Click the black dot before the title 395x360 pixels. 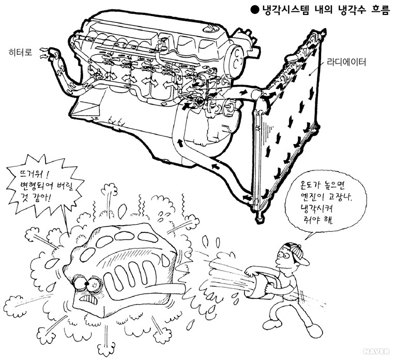click(x=253, y=10)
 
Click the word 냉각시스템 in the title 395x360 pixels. click(x=284, y=10)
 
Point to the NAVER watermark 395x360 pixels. click(x=375, y=352)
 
